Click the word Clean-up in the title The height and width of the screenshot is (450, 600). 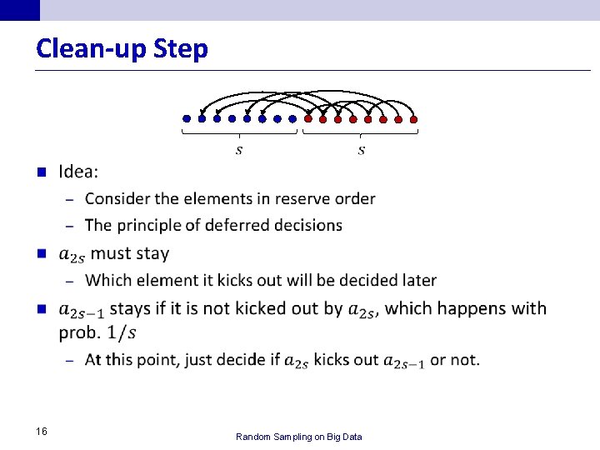click(x=92, y=49)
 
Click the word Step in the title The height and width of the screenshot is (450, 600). click(x=181, y=49)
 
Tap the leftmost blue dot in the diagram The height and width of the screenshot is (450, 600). click(x=187, y=118)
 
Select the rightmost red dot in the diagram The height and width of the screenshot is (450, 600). click(x=413, y=118)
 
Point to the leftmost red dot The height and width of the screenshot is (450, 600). click(x=307, y=118)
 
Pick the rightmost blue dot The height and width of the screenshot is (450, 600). click(x=292, y=118)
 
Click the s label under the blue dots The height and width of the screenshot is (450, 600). click(x=240, y=151)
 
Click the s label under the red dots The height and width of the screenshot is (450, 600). click(x=361, y=151)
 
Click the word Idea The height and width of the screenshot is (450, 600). click(x=77, y=172)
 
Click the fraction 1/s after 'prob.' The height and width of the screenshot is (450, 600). click(x=122, y=332)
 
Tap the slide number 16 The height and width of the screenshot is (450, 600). click(x=42, y=431)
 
